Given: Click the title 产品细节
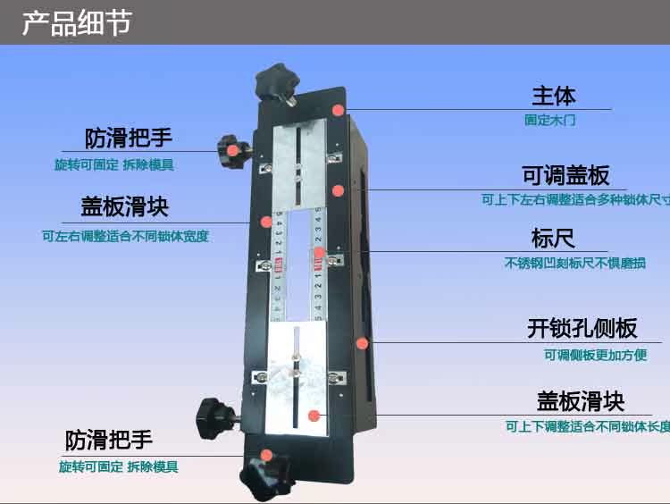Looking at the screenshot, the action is [77, 22].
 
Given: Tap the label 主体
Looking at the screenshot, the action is [554, 95].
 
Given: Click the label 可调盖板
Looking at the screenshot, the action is [566, 174].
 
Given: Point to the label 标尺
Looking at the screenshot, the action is [553, 239].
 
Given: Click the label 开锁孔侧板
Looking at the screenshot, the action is [582, 328].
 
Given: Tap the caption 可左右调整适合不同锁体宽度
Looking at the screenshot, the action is [131, 237].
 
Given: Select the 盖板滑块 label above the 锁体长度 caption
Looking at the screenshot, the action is [581, 400].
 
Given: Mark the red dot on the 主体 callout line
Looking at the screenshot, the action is [339, 110].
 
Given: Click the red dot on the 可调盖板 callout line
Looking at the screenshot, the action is [338, 189].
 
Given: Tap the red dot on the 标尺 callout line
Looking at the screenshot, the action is [319, 253].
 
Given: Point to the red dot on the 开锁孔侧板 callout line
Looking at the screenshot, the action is [362, 342].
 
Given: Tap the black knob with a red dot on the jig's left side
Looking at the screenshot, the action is [231, 148].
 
